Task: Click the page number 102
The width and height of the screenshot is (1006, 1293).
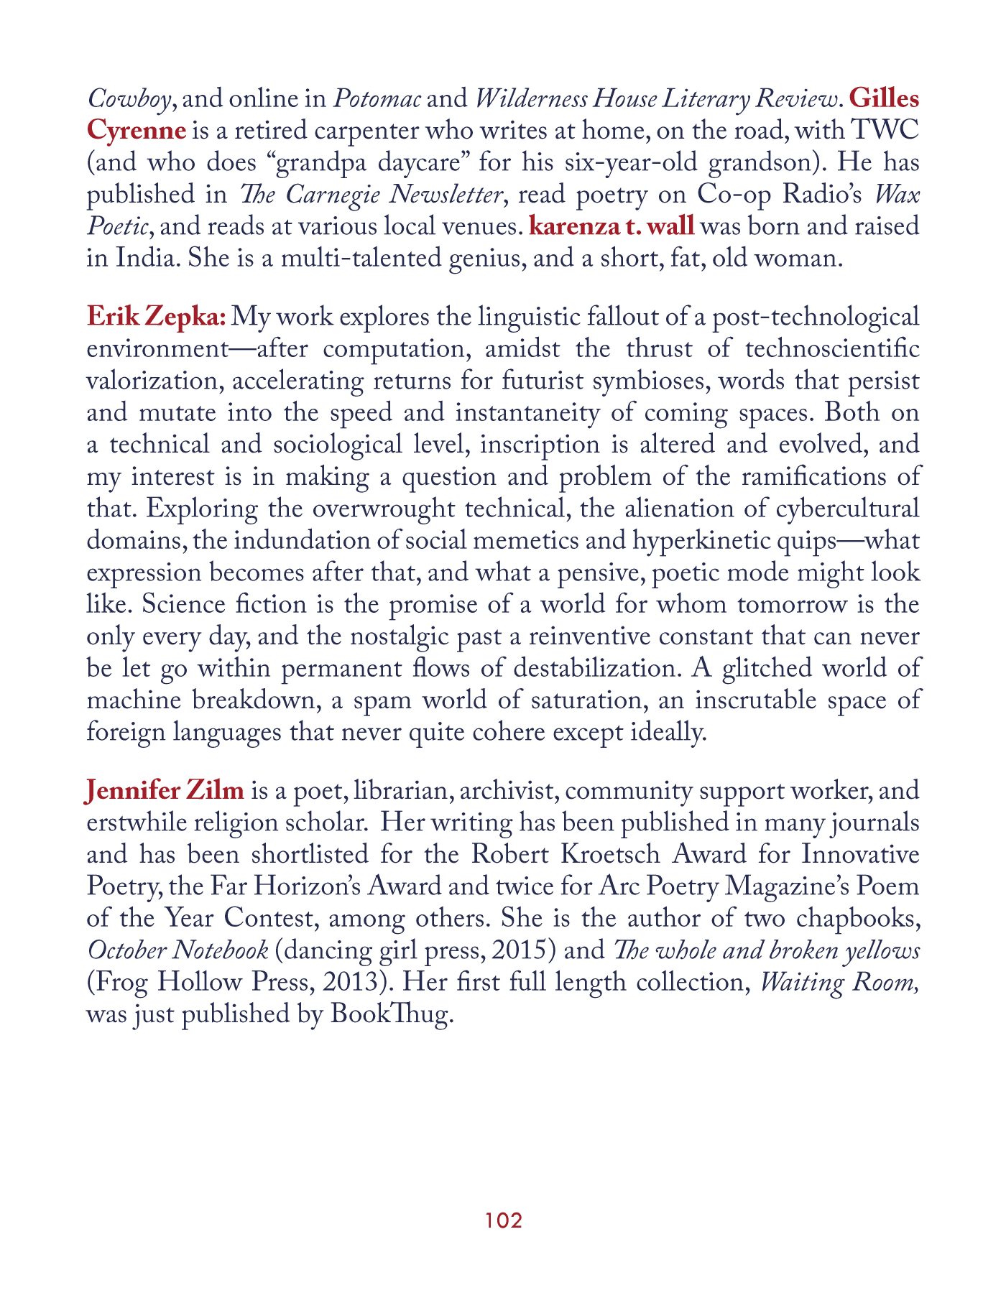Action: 503,1220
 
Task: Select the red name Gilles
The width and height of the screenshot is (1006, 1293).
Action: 884,98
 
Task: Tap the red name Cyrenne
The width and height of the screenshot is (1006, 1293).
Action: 136,131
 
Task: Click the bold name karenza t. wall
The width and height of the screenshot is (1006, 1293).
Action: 612,226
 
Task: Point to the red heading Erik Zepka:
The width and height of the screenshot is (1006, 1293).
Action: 157,317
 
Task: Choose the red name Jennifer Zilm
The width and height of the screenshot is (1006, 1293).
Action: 165,791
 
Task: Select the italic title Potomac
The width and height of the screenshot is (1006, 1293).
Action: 377,98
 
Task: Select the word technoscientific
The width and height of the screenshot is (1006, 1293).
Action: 832,349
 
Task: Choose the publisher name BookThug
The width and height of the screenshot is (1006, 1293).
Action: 391,1014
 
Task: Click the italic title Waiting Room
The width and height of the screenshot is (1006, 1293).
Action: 839,982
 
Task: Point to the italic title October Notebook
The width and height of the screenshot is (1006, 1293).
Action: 177,950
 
